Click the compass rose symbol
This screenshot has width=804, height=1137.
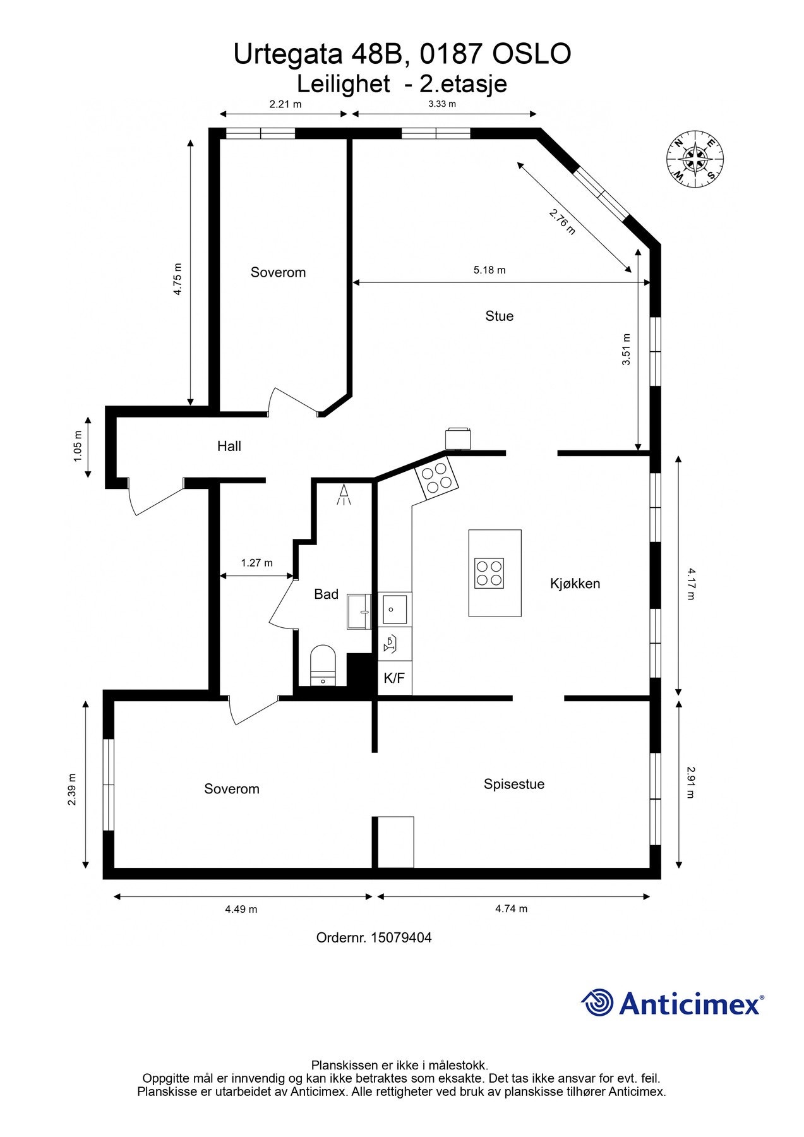[x=695, y=159]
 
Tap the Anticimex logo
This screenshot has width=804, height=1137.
[x=672, y=1003]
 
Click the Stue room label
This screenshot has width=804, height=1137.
[x=499, y=316]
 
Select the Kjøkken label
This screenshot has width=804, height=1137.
[x=575, y=584]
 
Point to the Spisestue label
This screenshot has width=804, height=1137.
[x=513, y=784]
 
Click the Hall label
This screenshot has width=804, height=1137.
[x=229, y=446]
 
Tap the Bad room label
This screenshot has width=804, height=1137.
[x=326, y=594]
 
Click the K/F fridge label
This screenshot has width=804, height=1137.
[x=394, y=678]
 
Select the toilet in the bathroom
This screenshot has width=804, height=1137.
[x=323, y=665]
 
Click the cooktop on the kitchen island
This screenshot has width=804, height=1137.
[x=489, y=573]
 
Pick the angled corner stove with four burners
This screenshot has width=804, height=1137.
[x=435, y=477]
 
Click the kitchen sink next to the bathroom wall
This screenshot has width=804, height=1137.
[x=394, y=610]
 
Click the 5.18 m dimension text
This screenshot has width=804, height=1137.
[x=489, y=270]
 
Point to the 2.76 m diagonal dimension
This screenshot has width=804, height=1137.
[x=561, y=222]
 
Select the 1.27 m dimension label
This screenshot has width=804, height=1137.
[x=256, y=562]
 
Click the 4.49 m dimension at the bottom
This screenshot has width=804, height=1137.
[x=241, y=909]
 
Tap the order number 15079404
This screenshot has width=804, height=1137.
[x=373, y=937]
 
